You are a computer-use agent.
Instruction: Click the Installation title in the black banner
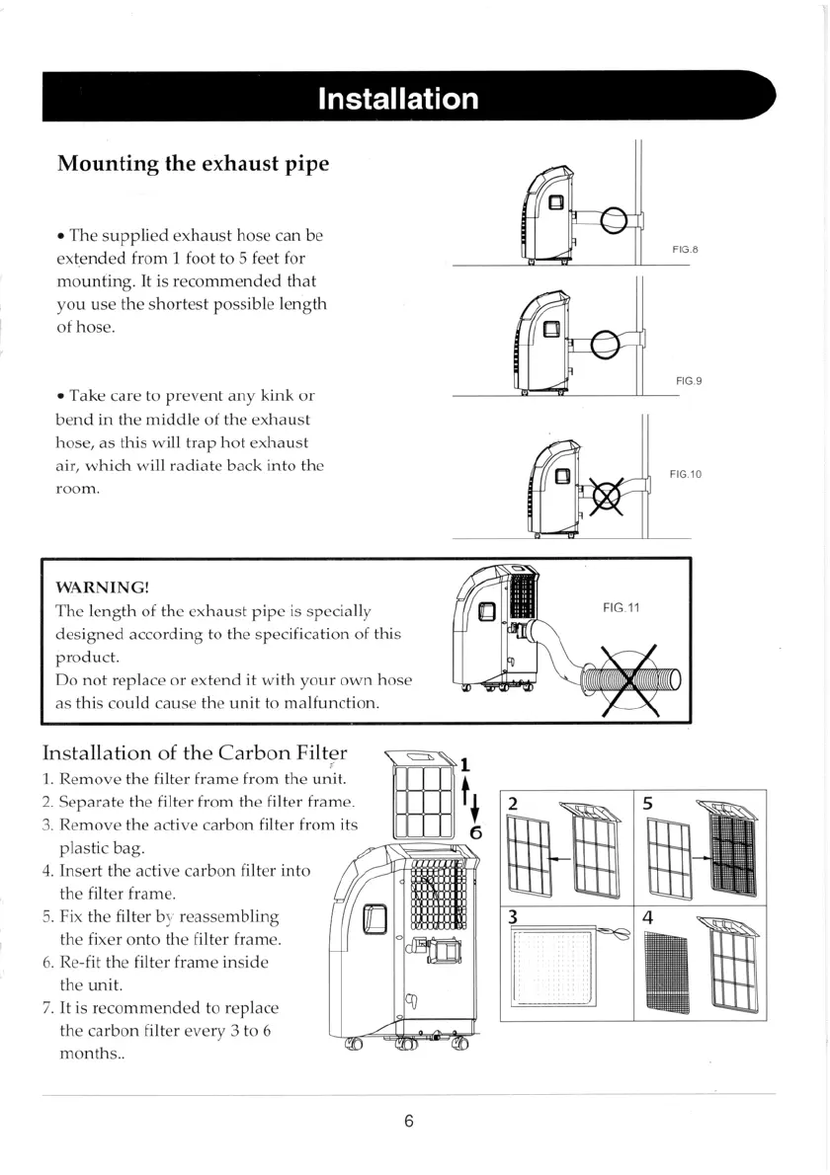pyautogui.click(x=398, y=99)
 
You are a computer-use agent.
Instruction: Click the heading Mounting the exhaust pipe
pyautogui.click(x=193, y=163)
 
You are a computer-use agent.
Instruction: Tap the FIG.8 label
pyautogui.click(x=685, y=250)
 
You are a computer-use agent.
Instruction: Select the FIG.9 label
pyautogui.click(x=689, y=380)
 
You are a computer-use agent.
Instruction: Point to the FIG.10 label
pyautogui.click(x=685, y=475)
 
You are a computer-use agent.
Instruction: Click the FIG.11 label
pyautogui.click(x=622, y=607)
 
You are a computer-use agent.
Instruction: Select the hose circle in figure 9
pyautogui.click(x=604, y=346)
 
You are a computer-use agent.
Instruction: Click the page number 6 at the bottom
pyautogui.click(x=408, y=1121)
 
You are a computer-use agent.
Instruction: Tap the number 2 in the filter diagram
pyautogui.click(x=512, y=803)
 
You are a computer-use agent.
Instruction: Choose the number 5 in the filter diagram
pyautogui.click(x=647, y=803)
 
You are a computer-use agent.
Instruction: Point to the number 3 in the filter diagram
pyautogui.click(x=512, y=915)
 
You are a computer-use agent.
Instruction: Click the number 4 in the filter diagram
pyautogui.click(x=647, y=915)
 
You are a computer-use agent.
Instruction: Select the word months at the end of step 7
pyautogui.click(x=91, y=1053)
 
